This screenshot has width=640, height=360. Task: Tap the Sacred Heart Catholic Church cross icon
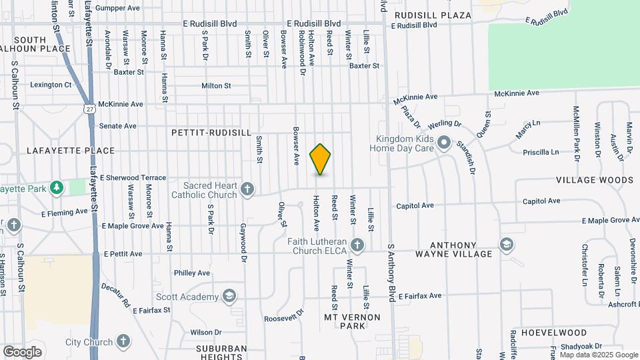pyautogui.click(x=247, y=189)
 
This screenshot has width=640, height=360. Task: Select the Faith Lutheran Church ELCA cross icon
pyautogui.click(x=357, y=245)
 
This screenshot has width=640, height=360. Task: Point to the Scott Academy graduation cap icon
pyautogui.click(x=229, y=296)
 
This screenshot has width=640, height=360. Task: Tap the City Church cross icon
pyautogui.click(x=123, y=341)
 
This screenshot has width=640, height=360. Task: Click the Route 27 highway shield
pyautogui.click(x=89, y=107)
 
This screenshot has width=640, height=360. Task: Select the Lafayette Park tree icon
pyautogui.click(x=57, y=189)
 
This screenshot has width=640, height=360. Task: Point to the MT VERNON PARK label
pyautogui.click(x=344, y=321)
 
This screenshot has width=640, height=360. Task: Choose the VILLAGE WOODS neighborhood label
pyautogui.click(x=595, y=180)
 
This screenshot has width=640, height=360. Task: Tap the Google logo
pyautogui.click(x=22, y=351)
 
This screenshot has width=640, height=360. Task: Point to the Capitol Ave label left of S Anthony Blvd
pyautogui.click(x=415, y=206)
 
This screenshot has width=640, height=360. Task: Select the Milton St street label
pyautogui.click(x=216, y=85)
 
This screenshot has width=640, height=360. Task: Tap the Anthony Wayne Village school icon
pyautogui.click(x=506, y=245)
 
